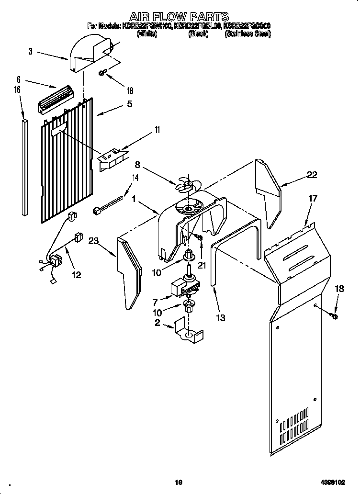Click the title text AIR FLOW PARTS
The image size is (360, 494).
click(180, 17)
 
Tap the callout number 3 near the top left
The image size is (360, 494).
click(31, 52)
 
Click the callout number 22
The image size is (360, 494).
click(312, 175)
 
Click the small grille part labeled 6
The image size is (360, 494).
click(54, 98)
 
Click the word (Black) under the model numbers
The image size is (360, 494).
click(198, 34)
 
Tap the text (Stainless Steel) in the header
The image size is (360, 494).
click(247, 34)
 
